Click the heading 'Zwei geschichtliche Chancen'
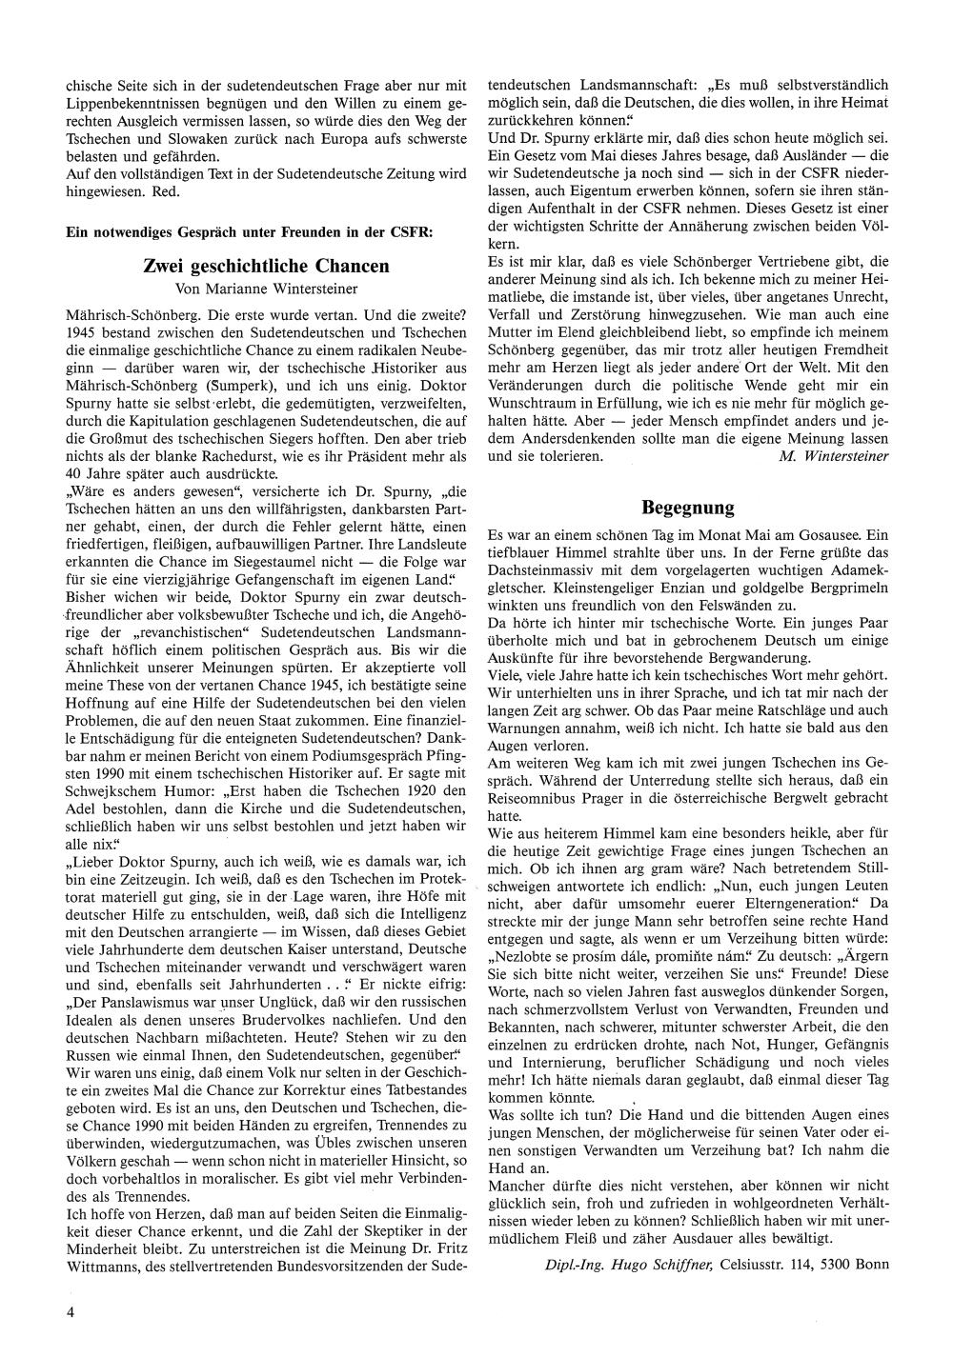coord(266,267)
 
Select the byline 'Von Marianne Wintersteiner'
coord(266,289)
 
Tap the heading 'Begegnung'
coord(687,508)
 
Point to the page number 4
coord(71,1310)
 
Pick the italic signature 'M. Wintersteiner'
coord(833,456)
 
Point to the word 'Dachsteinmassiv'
coord(535,570)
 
